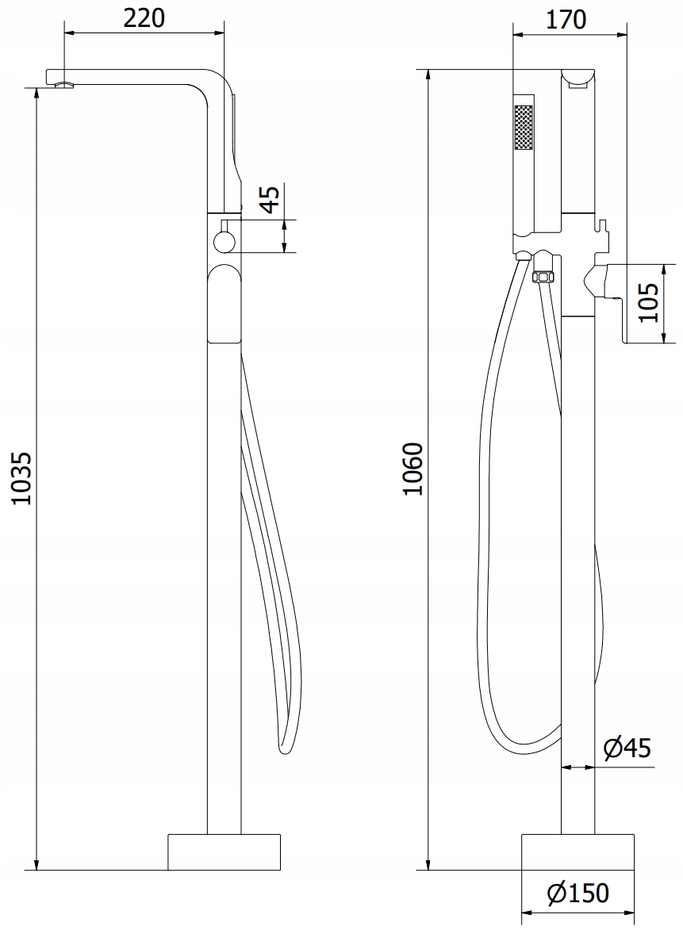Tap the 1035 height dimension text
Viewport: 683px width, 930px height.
pyautogui.click(x=22, y=478)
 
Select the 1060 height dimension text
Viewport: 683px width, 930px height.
pyautogui.click(x=412, y=469)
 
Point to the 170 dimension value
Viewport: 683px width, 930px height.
pyautogui.click(x=566, y=19)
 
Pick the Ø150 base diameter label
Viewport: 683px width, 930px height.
pyautogui.click(x=578, y=893)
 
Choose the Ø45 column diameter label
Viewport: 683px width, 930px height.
pyautogui.click(x=627, y=748)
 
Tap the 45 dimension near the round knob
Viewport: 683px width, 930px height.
pyautogui.click(x=270, y=199)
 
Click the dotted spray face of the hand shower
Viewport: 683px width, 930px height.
pyautogui.click(x=524, y=128)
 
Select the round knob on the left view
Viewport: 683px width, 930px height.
pyautogui.click(x=225, y=241)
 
